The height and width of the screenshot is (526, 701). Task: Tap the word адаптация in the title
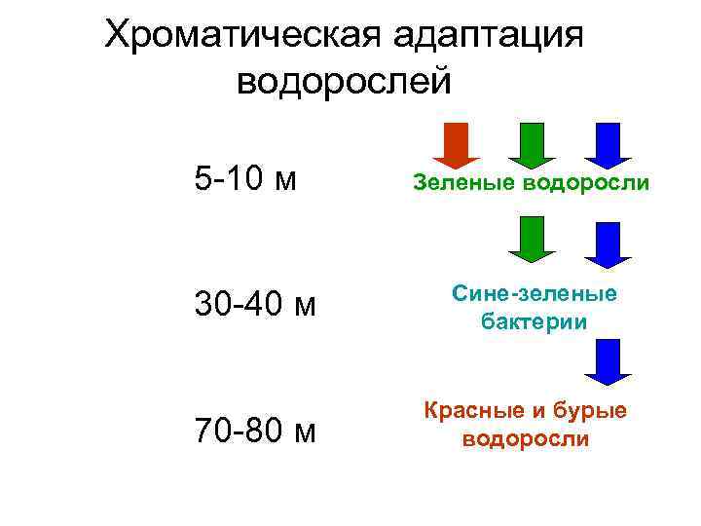(x=489, y=37)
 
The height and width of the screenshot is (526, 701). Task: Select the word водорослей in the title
(x=345, y=81)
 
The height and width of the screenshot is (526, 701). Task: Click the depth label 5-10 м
(x=245, y=179)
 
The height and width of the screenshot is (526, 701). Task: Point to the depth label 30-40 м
(x=255, y=305)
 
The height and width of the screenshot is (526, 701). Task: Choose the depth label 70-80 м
(x=255, y=430)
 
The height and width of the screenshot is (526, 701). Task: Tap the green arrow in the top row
(x=531, y=144)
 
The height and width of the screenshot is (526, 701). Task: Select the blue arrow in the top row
(x=608, y=144)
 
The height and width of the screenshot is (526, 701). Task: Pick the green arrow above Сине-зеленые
(x=531, y=240)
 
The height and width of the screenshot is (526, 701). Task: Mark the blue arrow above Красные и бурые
(x=608, y=362)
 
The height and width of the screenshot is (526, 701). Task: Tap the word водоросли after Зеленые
(x=587, y=181)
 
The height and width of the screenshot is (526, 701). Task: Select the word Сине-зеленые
(x=533, y=295)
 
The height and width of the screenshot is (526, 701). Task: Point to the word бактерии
(x=534, y=321)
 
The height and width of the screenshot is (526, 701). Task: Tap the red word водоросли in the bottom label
(x=525, y=438)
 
